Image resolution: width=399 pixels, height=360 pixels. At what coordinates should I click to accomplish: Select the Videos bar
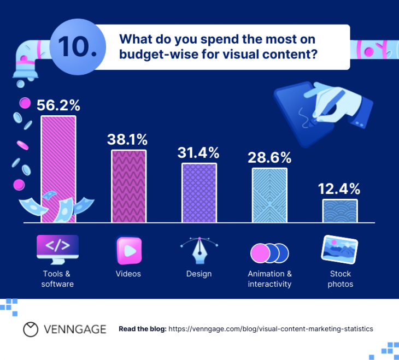pyautogui.click(x=129, y=186)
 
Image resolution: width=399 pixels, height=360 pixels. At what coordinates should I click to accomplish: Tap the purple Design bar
pyautogui.click(x=199, y=193)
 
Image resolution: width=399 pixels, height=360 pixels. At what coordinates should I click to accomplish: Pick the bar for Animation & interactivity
pyautogui.click(x=269, y=195)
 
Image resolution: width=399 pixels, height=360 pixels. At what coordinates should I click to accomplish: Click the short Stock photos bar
pyautogui.click(x=339, y=211)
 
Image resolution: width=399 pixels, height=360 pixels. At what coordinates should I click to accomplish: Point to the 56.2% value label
pyautogui.click(x=58, y=105)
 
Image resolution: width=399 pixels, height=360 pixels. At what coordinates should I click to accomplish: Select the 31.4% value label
pyautogui.click(x=199, y=152)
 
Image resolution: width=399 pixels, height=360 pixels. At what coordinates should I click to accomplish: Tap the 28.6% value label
pyautogui.click(x=269, y=158)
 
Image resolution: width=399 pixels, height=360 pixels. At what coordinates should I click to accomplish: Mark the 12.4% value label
pyautogui.click(x=339, y=189)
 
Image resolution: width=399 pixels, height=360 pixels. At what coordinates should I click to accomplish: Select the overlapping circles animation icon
pyautogui.click(x=269, y=252)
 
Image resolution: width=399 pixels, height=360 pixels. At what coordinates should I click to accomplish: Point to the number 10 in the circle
pyautogui.click(x=76, y=47)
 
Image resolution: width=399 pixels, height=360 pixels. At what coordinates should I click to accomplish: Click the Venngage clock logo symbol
pyautogui.click(x=31, y=329)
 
